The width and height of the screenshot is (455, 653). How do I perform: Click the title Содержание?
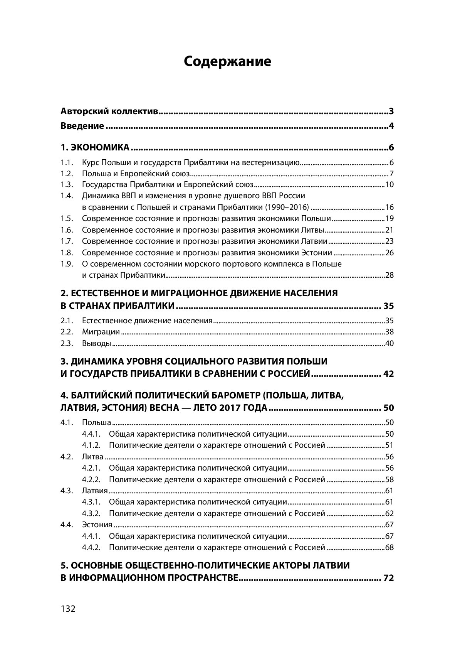click(227, 61)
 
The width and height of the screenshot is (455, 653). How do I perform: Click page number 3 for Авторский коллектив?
click(391, 112)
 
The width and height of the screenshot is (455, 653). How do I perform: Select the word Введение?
click(82, 126)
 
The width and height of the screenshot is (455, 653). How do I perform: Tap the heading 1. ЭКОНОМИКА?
click(95, 148)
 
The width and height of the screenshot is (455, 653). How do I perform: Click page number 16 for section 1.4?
click(390, 207)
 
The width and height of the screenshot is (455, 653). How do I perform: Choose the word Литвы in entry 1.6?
click(312, 230)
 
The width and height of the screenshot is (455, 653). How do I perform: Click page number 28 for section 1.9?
click(390, 275)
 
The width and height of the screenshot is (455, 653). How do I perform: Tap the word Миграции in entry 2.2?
click(101, 332)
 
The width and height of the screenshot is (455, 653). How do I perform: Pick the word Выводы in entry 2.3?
click(97, 344)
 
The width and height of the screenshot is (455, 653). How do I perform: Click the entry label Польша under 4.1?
click(97, 423)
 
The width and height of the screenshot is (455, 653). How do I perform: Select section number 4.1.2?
click(91, 445)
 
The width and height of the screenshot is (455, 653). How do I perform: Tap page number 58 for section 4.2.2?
click(390, 480)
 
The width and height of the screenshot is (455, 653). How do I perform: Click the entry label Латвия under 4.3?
click(95, 491)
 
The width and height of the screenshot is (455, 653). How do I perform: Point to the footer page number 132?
click(68, 609)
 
